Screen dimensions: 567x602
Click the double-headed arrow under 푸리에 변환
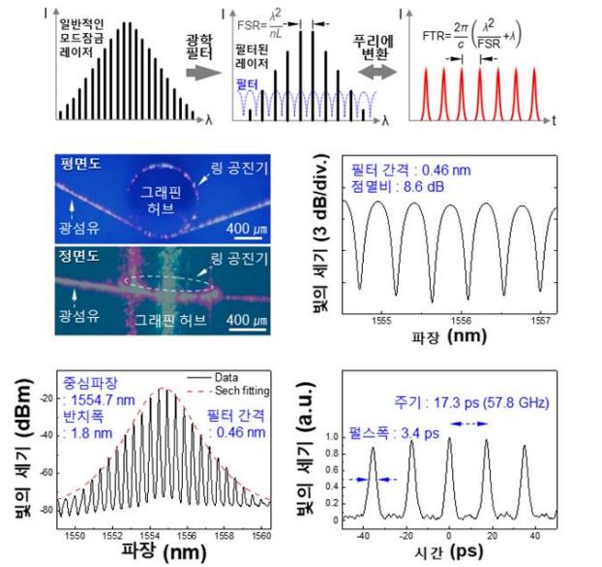point(371,72)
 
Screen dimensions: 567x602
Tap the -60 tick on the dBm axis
point(45,475)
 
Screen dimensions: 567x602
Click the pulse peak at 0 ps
point(449,439)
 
